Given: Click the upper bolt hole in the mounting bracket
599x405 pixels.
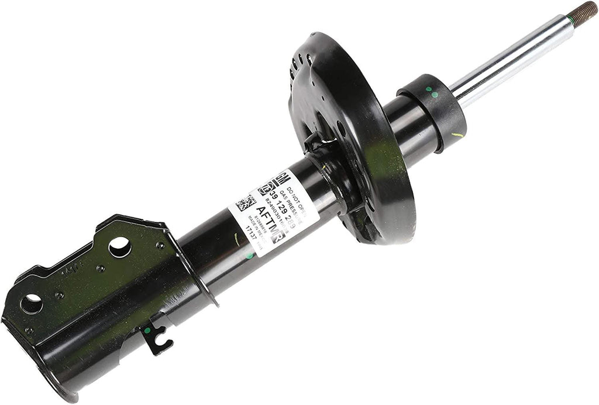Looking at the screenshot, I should click(119, 246).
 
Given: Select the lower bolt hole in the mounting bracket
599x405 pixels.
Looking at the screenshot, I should click(31, 303).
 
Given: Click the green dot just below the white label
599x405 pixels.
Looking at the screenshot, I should click(250, 256).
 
